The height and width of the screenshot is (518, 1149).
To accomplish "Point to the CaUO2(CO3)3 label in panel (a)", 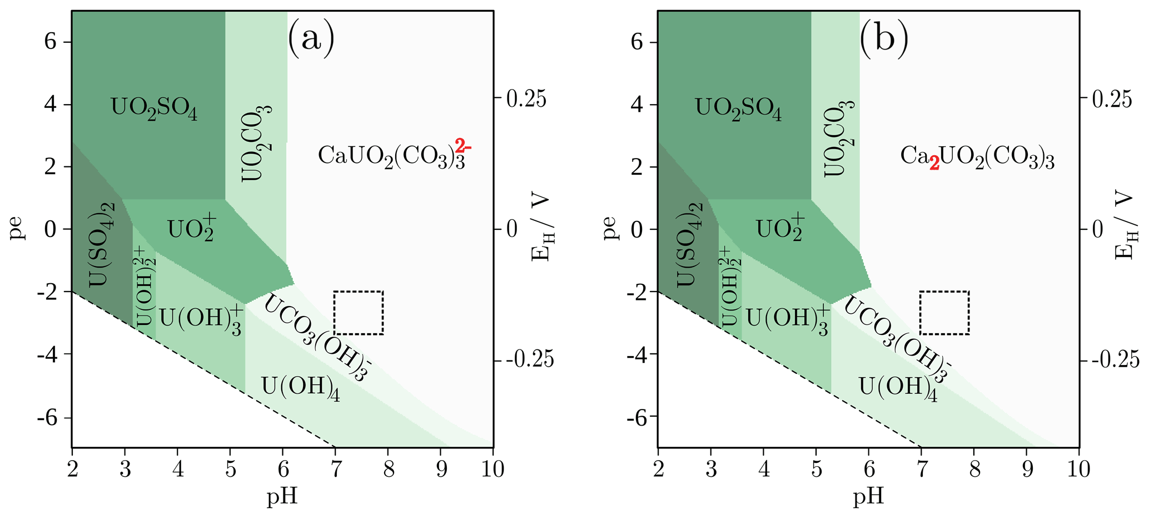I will pos(391,156).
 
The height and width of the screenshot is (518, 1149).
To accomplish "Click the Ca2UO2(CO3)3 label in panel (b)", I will pos(977,158).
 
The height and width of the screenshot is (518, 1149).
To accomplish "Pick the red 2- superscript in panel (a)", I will pos(463,146).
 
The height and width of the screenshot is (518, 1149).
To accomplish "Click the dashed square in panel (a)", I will pos(359,313).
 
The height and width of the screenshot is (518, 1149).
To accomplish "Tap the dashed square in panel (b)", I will pos(944,313).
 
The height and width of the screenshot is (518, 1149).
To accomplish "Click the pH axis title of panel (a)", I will pos(282,496).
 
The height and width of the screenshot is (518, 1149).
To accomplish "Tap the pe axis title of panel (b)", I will pos(610,228).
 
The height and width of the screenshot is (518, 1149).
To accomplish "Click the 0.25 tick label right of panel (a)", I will pos(526,99).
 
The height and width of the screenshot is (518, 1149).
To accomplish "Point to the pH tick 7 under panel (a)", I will pos(335,469).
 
